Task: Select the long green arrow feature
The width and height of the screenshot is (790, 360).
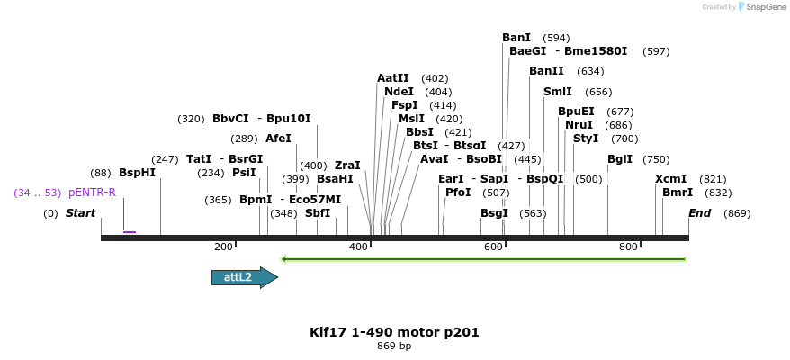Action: click(484, 259)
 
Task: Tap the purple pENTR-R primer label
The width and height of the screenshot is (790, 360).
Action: click(92, 193)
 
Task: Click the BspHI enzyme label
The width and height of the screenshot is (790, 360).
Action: click(137, 173)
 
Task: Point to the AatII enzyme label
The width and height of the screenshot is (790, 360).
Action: click(393, 78)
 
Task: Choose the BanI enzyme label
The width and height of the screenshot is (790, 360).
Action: click(516, 38)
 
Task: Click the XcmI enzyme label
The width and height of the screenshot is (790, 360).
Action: click(670, 179)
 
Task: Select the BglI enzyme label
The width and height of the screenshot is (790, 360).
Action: click(620, 159)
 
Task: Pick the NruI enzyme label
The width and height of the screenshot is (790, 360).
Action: click(579, 125)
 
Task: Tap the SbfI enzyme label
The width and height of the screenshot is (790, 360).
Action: click(318, 213)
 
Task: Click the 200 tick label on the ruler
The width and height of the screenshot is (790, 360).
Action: click(223, 247)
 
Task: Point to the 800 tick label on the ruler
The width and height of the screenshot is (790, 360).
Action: click(628, 247)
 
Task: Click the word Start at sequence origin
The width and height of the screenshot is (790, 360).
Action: click(80, 213)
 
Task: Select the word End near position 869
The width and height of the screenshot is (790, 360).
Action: click(700, 213)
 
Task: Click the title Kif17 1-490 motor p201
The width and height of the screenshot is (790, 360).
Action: click(394, 332)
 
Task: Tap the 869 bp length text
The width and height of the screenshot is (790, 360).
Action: click(394, 346)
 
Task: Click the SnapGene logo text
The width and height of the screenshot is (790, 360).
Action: click(765, 7)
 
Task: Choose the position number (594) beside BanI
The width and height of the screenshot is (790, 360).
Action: click(557, 38)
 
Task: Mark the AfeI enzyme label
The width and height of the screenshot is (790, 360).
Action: click(278, 139)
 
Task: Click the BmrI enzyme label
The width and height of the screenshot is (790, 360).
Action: click(678, 193)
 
